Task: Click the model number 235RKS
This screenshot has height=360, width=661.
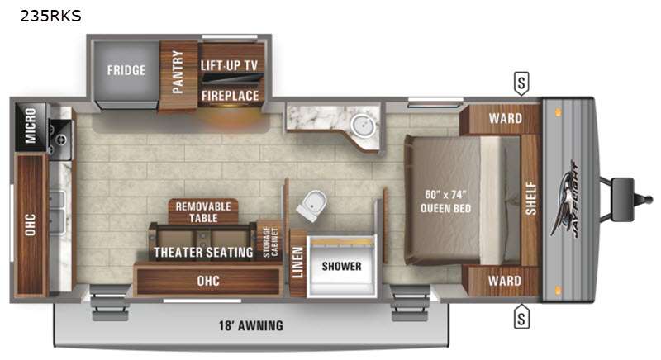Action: click(50, 16)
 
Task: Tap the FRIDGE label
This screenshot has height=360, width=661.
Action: click(126, 70)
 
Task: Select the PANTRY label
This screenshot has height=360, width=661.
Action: click(178, 72)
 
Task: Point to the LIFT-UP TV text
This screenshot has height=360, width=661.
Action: click(229, 65)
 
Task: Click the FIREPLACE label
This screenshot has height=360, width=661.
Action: click(230, 96)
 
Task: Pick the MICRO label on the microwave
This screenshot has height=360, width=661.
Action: click(31, 126)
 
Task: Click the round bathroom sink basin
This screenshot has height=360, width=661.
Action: click(361, 125)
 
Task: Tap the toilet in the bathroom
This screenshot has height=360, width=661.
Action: click(312, 206)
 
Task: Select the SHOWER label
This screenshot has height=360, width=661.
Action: click(341, 266)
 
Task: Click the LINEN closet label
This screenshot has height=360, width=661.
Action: click(297, 263)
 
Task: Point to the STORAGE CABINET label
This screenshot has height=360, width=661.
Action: click(270, 242)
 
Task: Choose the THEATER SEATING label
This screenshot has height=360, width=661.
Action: click(203, 252)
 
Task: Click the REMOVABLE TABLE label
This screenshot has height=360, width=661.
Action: click(203, 212)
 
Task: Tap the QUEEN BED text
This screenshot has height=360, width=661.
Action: click(445, 208)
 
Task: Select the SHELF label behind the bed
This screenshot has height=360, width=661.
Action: click(530, 199)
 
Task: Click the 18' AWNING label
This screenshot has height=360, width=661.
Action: click(251, 325)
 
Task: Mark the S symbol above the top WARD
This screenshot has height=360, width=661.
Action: click(521, 83)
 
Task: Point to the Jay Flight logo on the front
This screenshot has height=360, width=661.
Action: click(565, 199)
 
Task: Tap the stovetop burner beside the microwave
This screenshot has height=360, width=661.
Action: click(61, 140)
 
